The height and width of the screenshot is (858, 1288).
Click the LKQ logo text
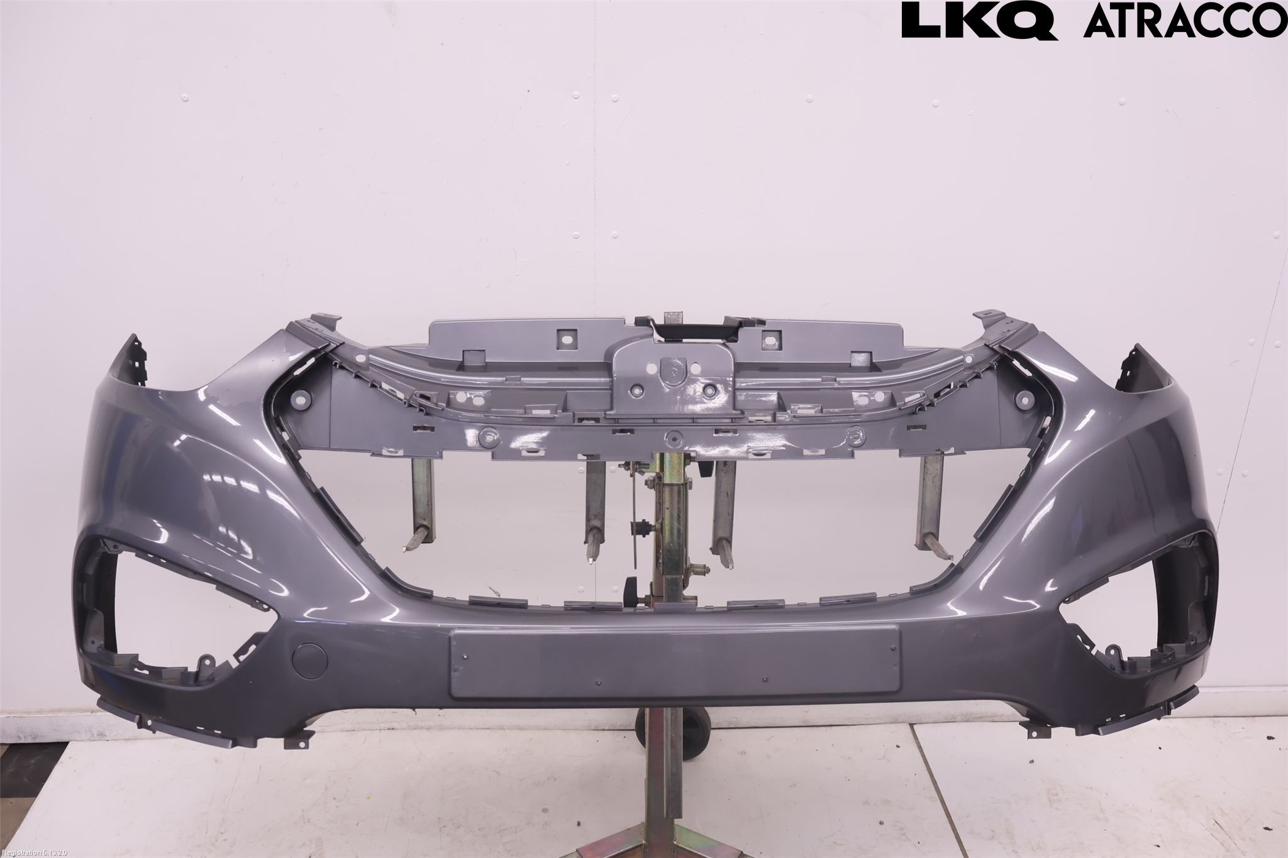tap(979, 21)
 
